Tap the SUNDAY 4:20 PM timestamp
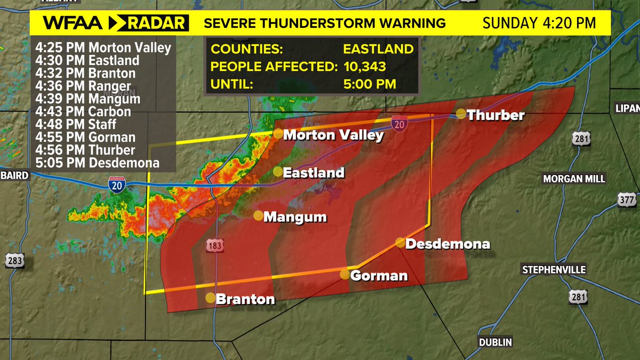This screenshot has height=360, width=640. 539,23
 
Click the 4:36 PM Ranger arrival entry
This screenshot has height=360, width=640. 83,86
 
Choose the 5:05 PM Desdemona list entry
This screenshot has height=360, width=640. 98,163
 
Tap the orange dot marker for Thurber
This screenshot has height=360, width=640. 461,113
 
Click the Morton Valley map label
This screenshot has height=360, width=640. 333,135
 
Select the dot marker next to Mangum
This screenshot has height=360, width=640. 258,215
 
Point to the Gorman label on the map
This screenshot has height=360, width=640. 379,276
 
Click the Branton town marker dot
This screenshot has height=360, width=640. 211,298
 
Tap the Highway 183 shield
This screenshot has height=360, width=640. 215,245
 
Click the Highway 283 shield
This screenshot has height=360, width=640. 15,260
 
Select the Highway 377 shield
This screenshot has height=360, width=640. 629,200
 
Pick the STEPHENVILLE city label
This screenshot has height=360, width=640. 554,270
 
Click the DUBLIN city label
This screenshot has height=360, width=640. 495,342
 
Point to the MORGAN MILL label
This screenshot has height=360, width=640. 574,179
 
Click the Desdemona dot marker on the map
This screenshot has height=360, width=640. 400,242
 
